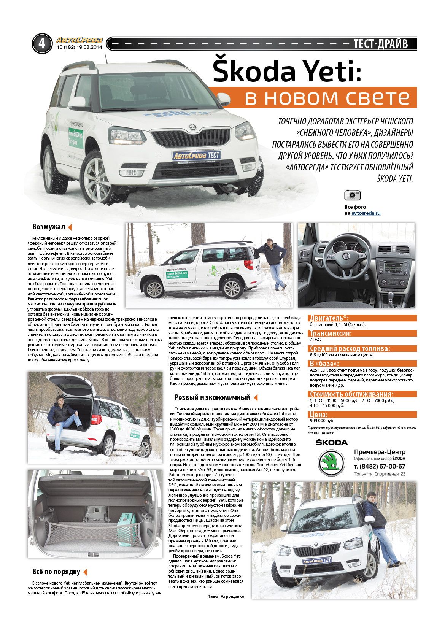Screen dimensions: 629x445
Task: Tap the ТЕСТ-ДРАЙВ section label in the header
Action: click(x=380, y=44)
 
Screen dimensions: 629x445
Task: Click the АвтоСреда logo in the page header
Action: click(x=79, y=40)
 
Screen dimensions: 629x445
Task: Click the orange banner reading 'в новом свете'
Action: click(x=314, y=98)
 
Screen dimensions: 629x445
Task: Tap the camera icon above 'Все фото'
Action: click(x=352, y=195)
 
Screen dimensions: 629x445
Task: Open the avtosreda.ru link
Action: click(x=366, y=213)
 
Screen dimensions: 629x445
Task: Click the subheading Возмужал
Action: click(x=49, y=227)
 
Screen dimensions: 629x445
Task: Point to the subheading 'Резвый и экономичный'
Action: click(x=212, y=398)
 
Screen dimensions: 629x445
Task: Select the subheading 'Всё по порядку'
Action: click(x=56, y=572)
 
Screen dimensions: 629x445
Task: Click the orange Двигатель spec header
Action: click(x=329, y=318)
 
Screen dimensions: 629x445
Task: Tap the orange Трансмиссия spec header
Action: click(x=331, y=334)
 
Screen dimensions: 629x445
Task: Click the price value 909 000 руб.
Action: click(x=322, y=421)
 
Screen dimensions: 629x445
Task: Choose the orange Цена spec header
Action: click(x=319, y=415)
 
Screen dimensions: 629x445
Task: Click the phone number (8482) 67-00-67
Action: click(x=380, y=466)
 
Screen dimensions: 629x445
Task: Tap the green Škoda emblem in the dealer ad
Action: click(x=331, y=463)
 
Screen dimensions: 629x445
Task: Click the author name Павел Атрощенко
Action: click(x=226, y=596)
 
